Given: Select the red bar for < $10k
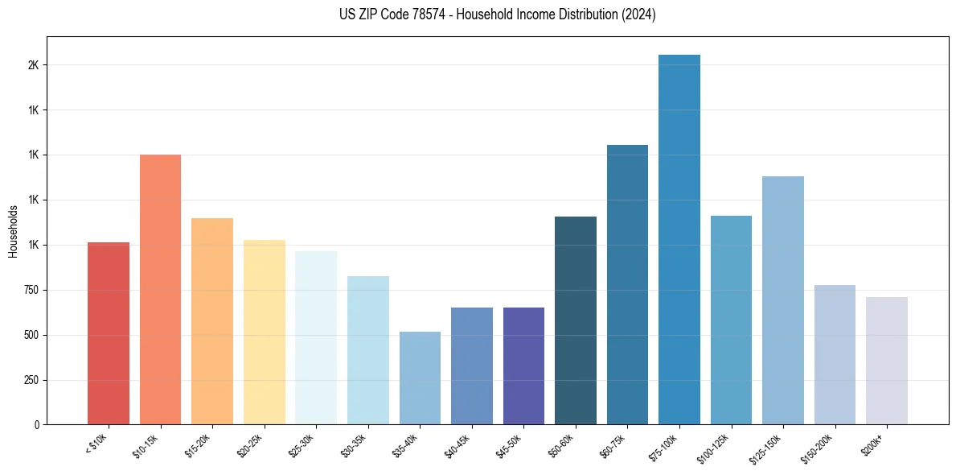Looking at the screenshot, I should (109, 333).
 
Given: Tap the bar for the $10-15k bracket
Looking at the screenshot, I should (160, 289).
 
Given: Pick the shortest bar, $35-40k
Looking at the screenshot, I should (420, 378).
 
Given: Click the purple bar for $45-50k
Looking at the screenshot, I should (523, 366).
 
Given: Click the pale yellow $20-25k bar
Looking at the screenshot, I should (264, 332).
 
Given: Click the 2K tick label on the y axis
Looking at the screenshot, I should (32, 65).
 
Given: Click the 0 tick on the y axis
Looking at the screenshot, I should (36, 424).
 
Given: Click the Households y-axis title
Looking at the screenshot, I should (14, 230).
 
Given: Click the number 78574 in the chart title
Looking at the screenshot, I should (434, 14).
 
